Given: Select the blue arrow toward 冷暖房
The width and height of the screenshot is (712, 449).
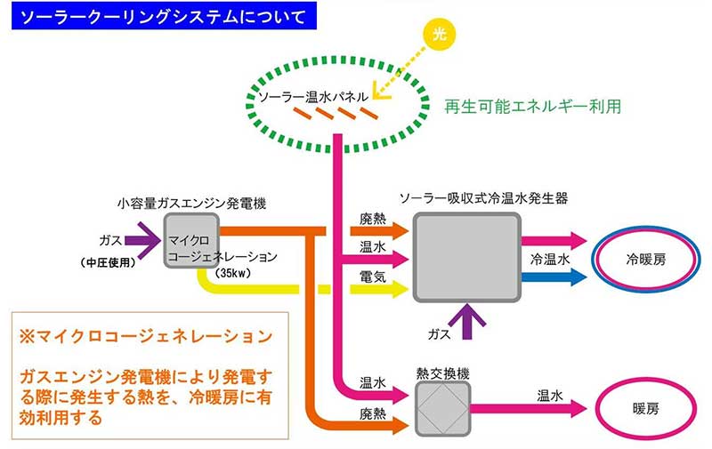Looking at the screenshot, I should (x=556, y=277).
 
